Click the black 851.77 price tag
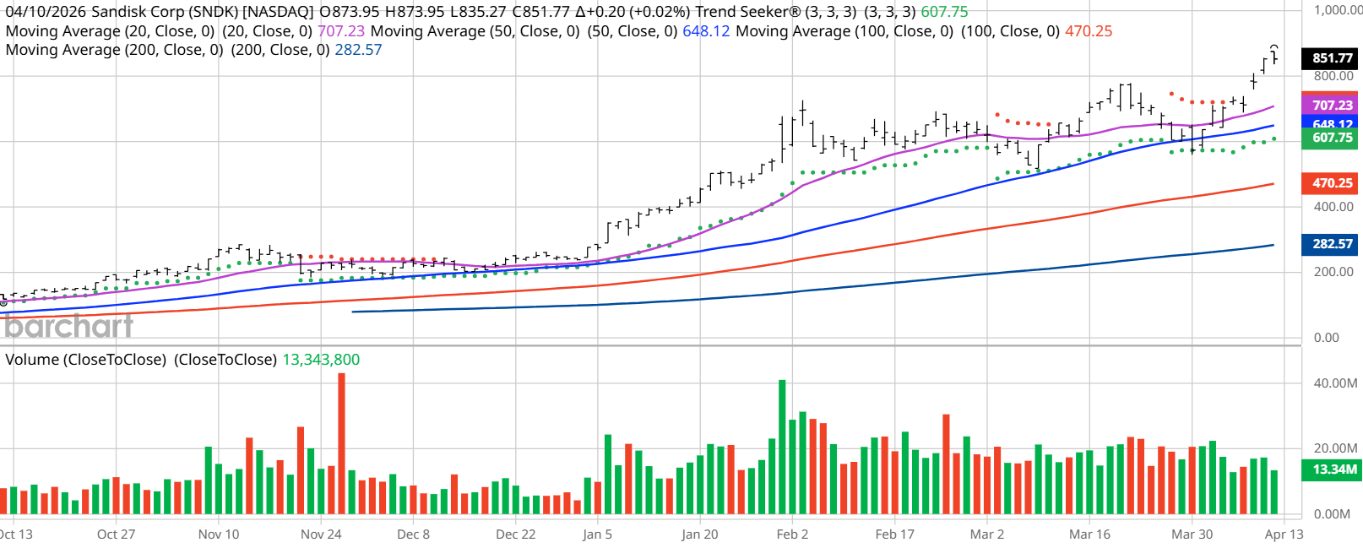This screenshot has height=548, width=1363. [1331, 58]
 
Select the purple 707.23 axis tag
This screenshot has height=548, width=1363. [1331, 105]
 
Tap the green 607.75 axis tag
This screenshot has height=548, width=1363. [1331, 138]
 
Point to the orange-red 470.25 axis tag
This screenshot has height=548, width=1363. [1331, 183]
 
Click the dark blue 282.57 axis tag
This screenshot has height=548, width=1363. [1331, 244]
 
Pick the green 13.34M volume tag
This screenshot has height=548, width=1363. [1333, 469]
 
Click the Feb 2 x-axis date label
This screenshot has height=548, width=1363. [792, 534]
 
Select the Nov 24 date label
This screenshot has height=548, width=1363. [321, 534]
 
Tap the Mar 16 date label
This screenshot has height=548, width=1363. [1089, 534]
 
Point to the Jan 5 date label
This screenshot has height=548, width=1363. [597, 534]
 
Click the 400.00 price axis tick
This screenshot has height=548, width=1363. [1333, 207]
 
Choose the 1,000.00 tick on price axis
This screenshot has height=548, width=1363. [1338, 10]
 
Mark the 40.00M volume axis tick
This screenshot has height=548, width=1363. [1335, 383]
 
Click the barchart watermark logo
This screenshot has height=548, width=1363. [68, 326]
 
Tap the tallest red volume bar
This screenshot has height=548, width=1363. [341, 443]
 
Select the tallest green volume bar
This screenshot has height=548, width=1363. [782, 448]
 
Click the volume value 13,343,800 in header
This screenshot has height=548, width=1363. [321, 360]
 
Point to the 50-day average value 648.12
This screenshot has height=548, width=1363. [706, 31]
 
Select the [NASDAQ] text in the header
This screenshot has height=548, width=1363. [278, 12]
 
